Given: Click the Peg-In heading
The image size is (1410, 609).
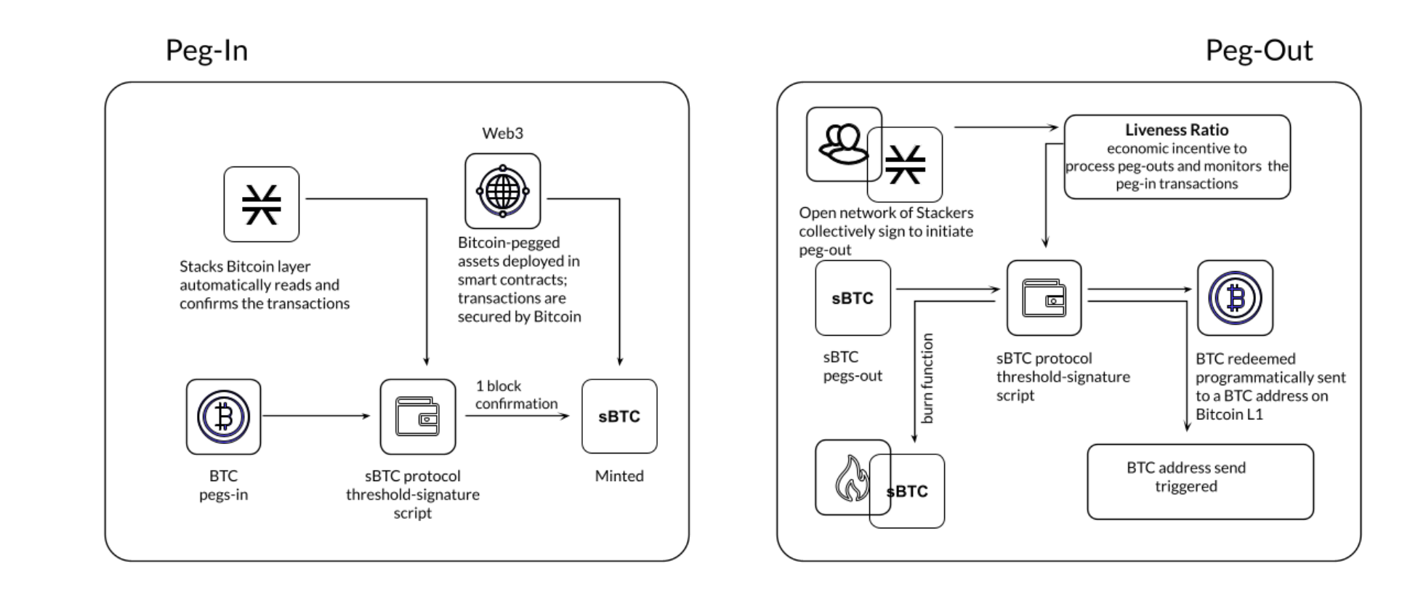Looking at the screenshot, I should [x=206, y=51].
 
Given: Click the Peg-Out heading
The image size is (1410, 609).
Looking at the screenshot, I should [x=1258, y=51].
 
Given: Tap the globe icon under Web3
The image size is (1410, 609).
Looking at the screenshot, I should [x=502, y=191].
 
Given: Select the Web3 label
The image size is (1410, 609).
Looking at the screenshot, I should [x=502, y=133].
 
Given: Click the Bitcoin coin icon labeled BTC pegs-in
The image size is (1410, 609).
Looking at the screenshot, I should [x=223, y=416].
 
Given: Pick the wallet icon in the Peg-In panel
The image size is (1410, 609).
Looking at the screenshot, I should [x=417, y=416].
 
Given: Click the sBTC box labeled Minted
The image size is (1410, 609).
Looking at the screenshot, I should [x=619, y=416].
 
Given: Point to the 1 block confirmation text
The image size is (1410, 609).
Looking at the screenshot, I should [x=516, y=395].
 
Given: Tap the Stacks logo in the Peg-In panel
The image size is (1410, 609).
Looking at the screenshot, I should [x=262, y=204].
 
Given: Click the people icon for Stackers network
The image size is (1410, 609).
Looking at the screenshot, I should [x=842, y=143].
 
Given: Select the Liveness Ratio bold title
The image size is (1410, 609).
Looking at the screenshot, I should [x=1176, y=130].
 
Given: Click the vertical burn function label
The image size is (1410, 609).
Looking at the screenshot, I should [x=927, y=379].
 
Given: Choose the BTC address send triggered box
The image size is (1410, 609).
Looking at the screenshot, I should [x=1200, y=481].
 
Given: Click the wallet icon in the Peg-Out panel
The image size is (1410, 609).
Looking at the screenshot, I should [x=1044, y=298].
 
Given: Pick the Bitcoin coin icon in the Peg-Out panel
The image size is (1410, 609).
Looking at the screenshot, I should [x=1235, y=298].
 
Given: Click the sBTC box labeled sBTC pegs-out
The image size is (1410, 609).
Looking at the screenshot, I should [x=853, y=298].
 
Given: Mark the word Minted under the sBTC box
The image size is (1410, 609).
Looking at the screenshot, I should [x=619, y=476].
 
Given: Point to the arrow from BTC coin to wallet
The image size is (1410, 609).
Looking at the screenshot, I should [x=316, y=416].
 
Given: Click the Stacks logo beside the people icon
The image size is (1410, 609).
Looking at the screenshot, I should [x=906, y=165].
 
